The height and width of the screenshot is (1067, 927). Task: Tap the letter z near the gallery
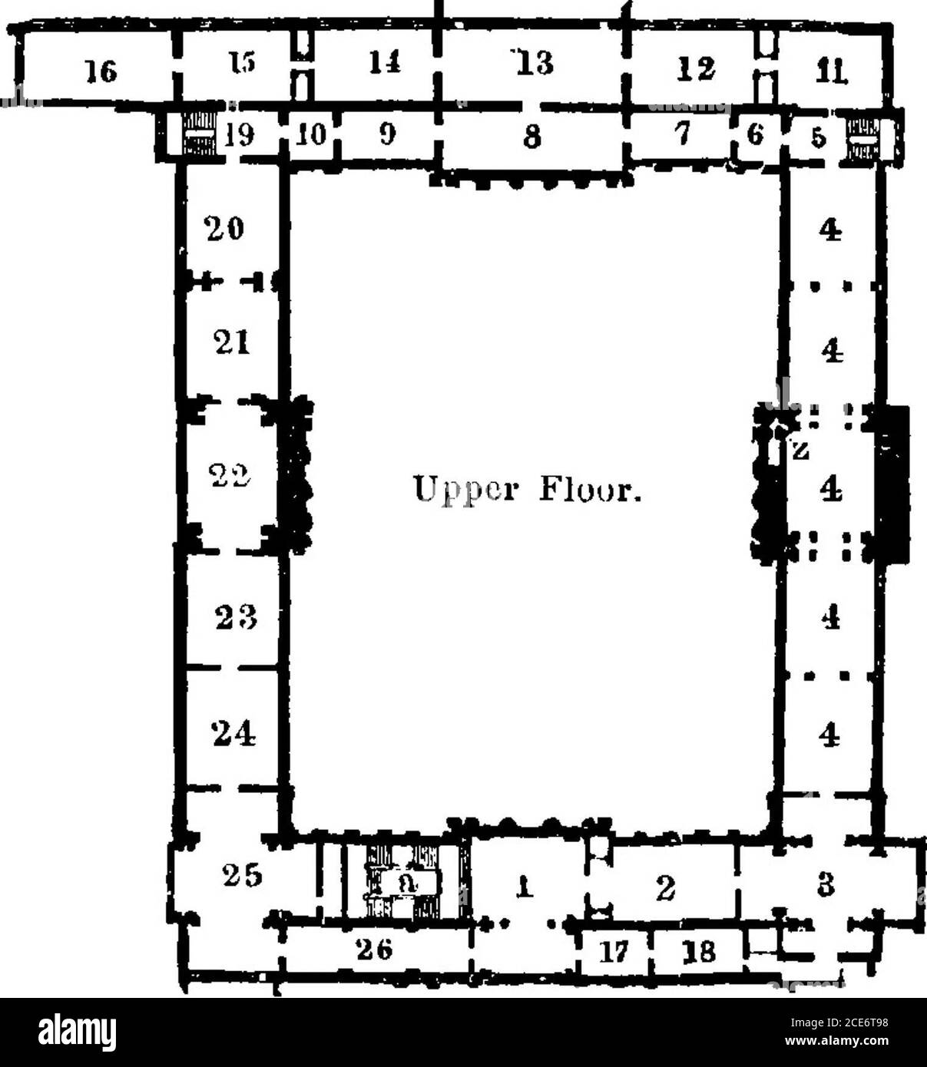799,451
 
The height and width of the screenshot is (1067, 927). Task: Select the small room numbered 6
756,138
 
